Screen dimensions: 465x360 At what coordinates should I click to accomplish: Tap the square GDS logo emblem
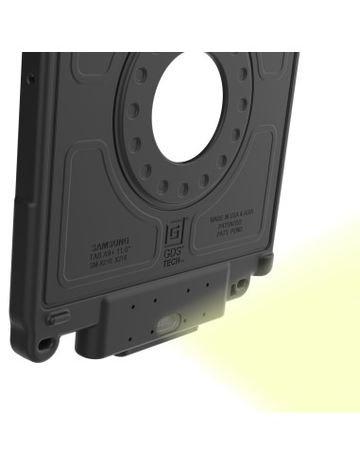(173, 231)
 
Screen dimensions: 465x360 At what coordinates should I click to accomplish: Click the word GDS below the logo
(173, 251)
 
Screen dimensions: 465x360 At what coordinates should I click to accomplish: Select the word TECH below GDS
(173, 261)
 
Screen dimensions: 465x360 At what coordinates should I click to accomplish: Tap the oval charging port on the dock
(170, 324)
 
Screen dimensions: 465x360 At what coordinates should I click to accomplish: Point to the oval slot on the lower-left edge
(59, 319)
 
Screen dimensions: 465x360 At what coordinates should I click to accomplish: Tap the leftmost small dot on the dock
(131, 301)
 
